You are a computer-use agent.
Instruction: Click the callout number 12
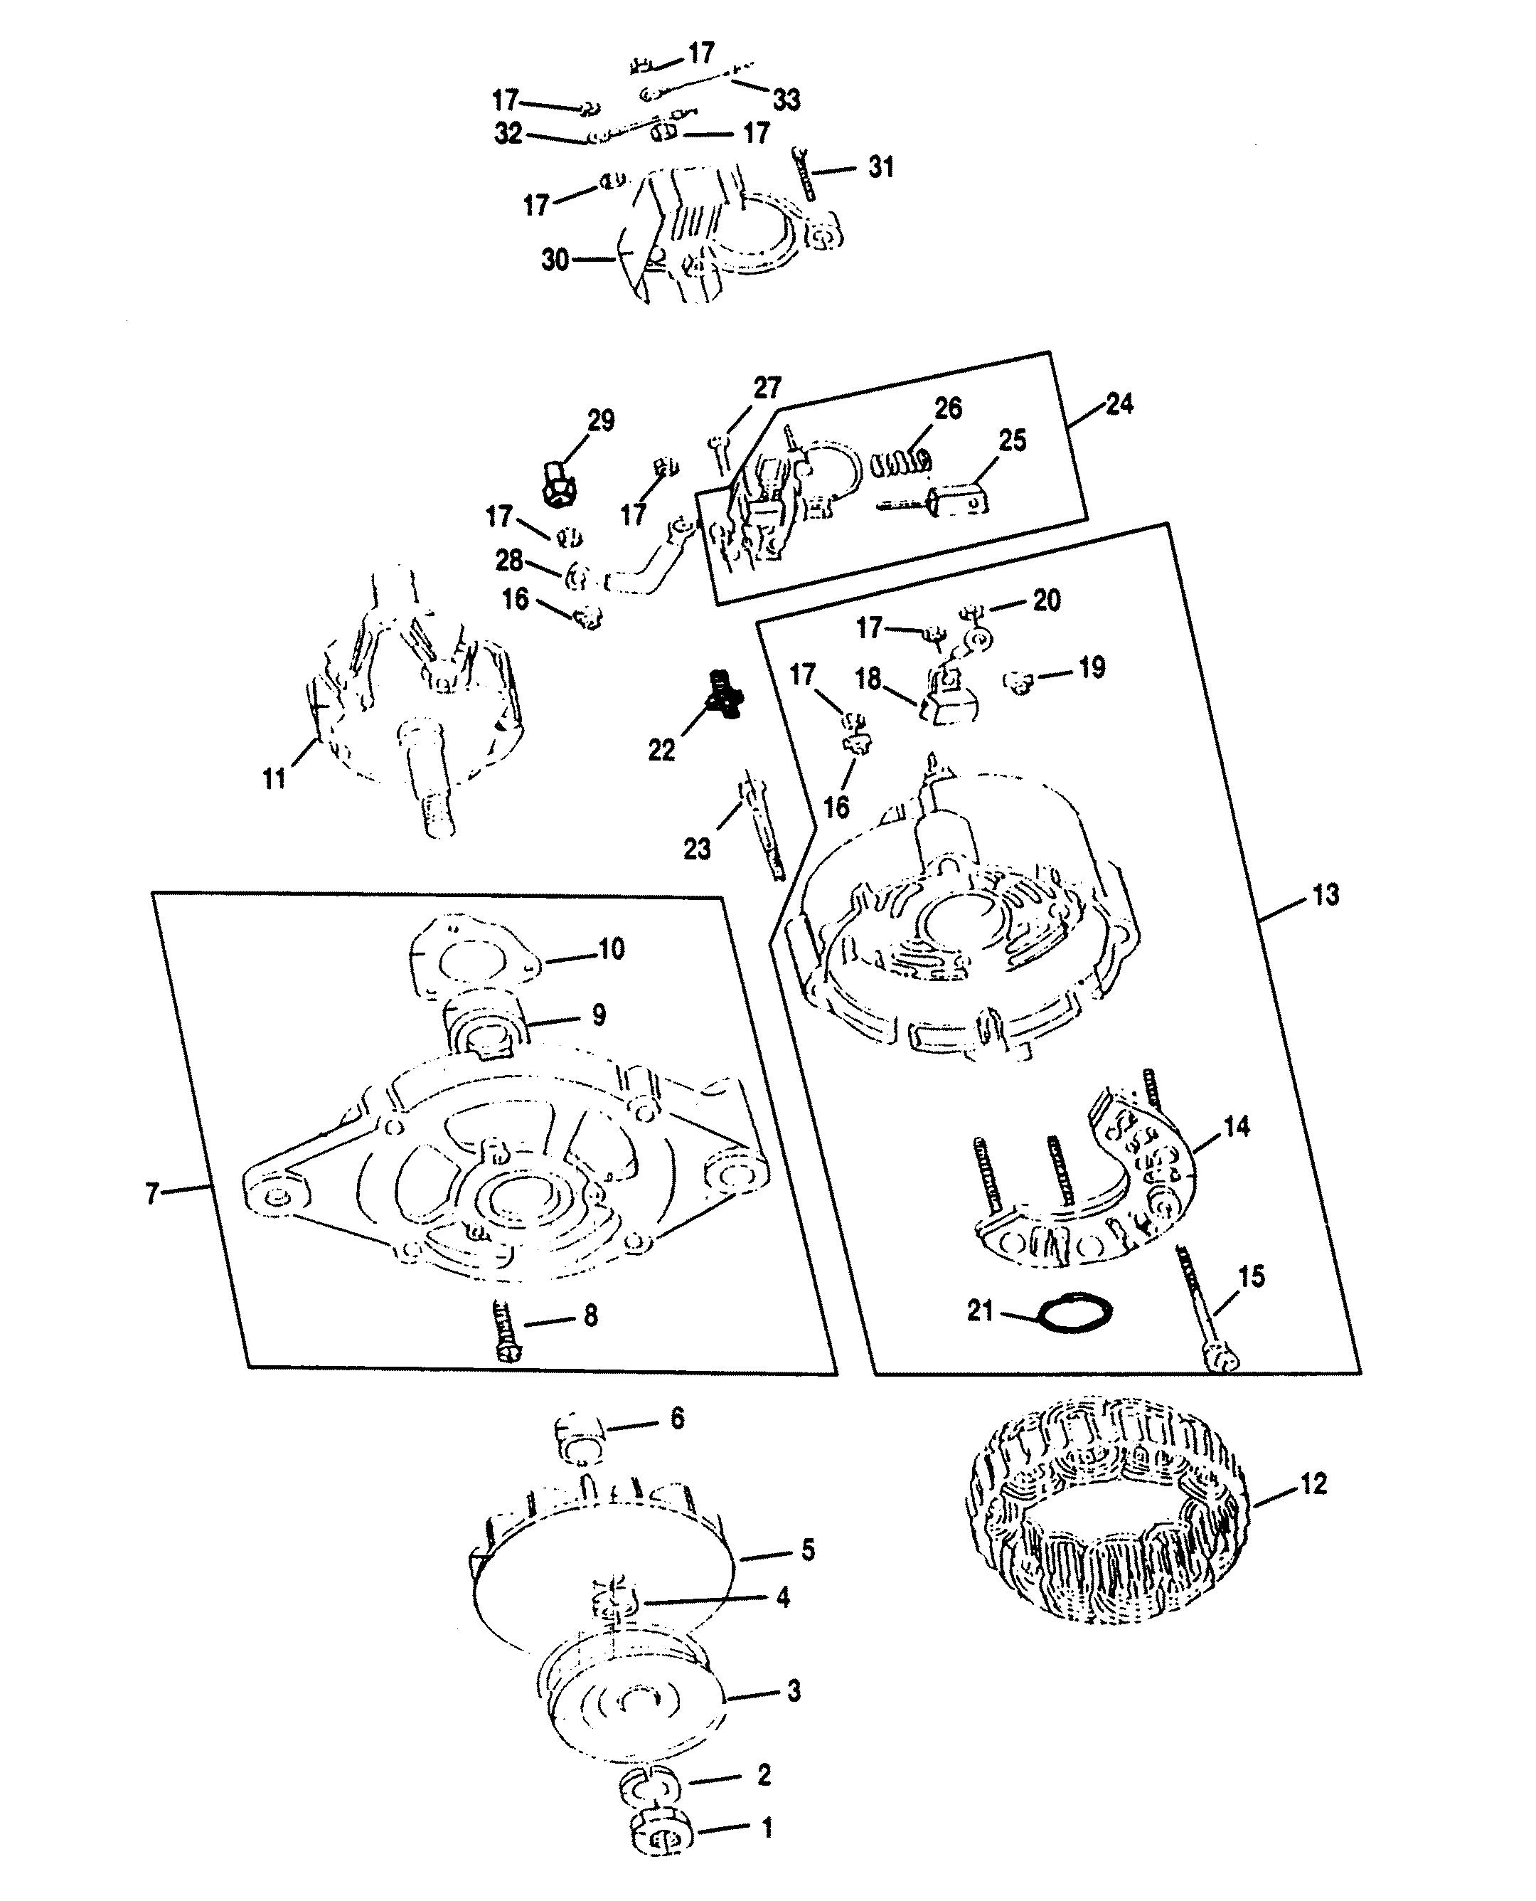point(1314,1483)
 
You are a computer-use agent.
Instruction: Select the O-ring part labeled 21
point(1075,1313)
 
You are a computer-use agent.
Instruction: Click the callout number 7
point(152,1194)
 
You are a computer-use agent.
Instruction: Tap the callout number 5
point(807,1550)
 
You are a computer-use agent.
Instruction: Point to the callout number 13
point(1325,895)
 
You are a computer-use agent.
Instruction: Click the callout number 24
point(1119,403)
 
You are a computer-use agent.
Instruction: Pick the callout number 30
point(555,260)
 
